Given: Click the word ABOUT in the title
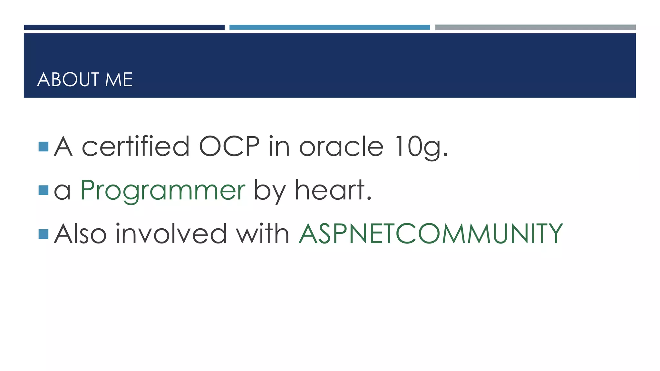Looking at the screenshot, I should coord(68,80).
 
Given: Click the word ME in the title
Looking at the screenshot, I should coord(119,80).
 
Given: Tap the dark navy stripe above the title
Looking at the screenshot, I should coord(124,27).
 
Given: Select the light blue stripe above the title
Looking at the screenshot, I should coord(329,27).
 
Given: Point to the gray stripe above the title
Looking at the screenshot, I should coord(535,27).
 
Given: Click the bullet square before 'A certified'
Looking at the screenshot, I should coord(43,147).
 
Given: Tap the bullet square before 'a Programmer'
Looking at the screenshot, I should coord(43,190).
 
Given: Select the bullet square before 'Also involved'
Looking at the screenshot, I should coord(43,234).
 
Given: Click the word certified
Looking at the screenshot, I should coord(136,147).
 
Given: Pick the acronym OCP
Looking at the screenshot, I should coord(229,147).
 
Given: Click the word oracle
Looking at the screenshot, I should coord(341,147).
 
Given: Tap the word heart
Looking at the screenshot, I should coord(333,190).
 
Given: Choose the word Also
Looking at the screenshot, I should coord(80,234).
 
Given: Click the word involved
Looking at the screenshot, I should coord(171,234).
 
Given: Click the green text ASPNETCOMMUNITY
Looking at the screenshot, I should coord(431,234).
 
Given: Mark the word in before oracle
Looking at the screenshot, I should coord(279,147).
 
